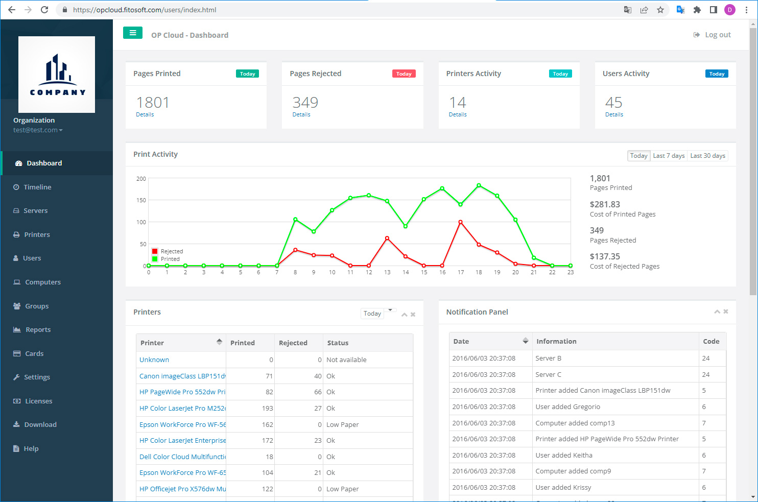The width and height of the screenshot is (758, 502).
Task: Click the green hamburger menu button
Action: coord(133,33)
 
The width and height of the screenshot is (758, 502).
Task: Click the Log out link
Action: coord(712,35)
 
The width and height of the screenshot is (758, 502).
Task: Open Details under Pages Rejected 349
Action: coord(301,114)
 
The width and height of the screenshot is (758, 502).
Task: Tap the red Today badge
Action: coord(404,74)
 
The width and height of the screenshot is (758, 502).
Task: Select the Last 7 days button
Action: coord(669,156)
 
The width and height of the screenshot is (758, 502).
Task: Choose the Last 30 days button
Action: coord(707,156)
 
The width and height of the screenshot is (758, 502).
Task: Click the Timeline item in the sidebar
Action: coord(37,187)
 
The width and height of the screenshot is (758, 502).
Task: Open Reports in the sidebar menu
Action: coord(38,329)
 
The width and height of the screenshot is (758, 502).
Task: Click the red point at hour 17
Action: coord(460,222)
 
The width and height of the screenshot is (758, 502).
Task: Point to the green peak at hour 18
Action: coord(479,185)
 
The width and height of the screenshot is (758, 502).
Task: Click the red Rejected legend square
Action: coord(155,251)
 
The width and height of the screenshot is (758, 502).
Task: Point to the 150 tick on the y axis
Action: coord(141,200)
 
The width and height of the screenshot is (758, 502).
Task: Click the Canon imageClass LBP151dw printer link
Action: coord(182,376)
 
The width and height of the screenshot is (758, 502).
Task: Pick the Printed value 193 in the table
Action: coord(267,409)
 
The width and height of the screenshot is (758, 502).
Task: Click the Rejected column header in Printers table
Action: coord(293,343)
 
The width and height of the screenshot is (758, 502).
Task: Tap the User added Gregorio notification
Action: coord(567,407)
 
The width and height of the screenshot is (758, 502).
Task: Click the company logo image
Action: coord(57,75)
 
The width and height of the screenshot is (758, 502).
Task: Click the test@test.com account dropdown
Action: coord(38,130)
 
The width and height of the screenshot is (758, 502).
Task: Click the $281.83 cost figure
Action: coord(605,204)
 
